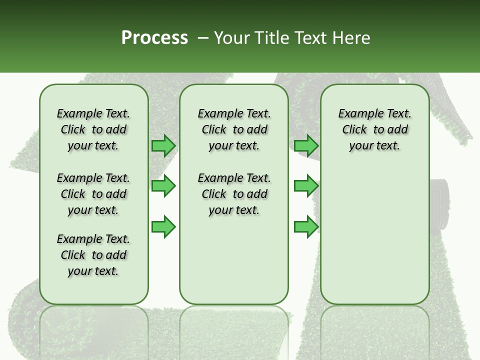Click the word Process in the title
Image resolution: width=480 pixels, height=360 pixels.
[x=154, y=37]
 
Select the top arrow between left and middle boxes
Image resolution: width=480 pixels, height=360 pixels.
[x=163, y=146]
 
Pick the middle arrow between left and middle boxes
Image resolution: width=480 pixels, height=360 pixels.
[x=163, y=186]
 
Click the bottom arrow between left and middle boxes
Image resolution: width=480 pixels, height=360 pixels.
[x=163, y=226]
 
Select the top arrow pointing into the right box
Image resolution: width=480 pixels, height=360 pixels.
[x=306, y=146]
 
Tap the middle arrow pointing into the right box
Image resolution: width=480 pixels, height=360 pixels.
[x=306, y=186]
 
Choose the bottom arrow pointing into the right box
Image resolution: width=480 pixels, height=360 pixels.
[x=306, y=226]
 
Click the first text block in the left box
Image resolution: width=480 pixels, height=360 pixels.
[x=93, y=129]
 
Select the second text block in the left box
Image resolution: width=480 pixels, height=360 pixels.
[x=93, y=194]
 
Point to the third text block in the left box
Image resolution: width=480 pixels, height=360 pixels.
[x=93, y=255]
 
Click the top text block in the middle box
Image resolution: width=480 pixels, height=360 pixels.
[x=234, y=129]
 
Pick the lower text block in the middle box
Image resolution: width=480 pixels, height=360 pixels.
[x=234, y=194]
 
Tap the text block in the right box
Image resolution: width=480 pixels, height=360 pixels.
[x=374, y=129]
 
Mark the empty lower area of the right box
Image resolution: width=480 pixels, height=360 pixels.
[x=374, y=230]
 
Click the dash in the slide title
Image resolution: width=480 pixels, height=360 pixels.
[x=203, y=37]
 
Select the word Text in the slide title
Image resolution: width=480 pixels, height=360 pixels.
[x=308, y=37]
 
